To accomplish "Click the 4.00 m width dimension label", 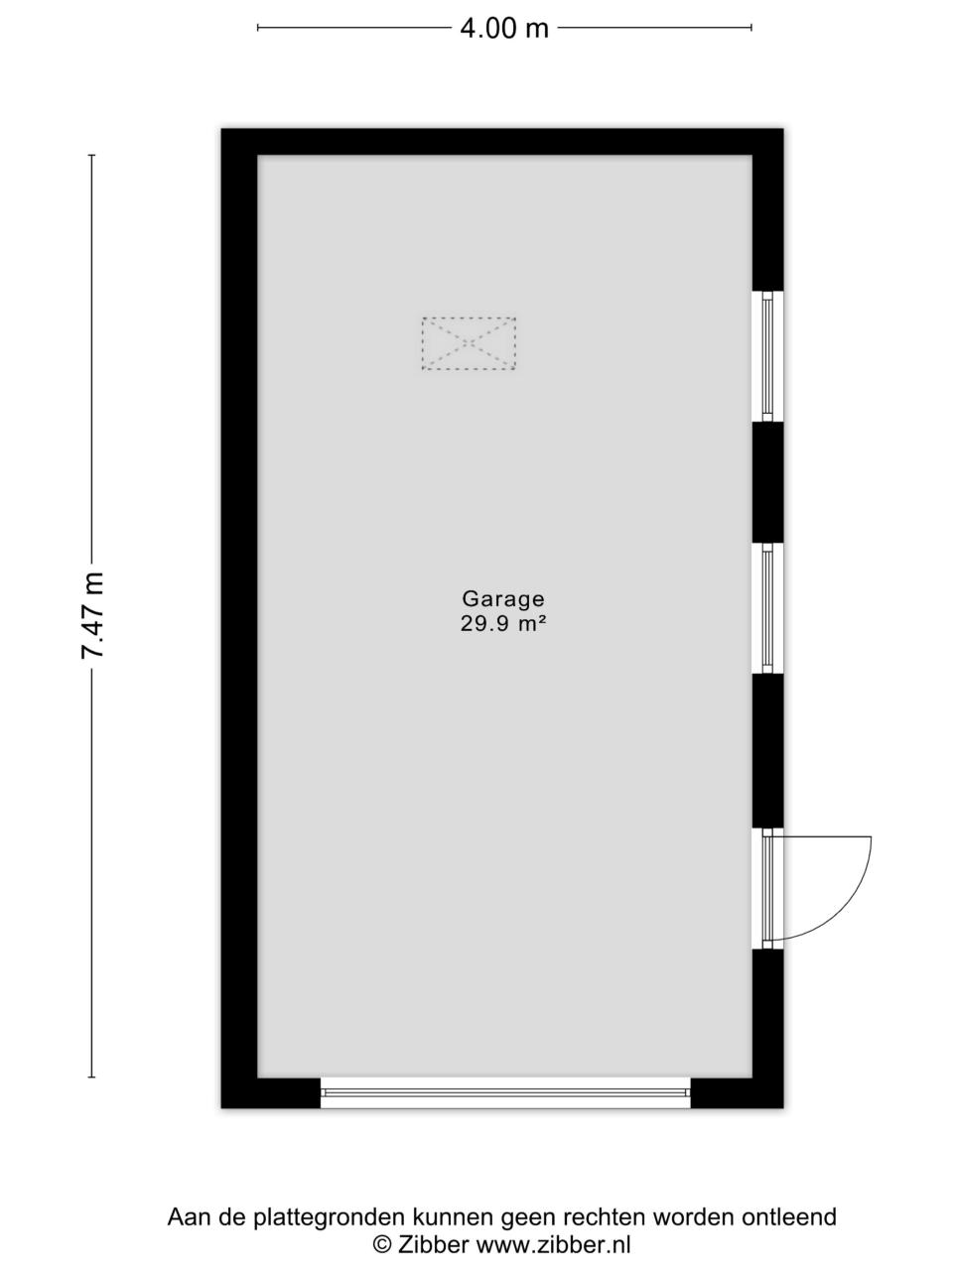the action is [504, 28].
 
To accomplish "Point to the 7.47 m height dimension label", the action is [92, 615].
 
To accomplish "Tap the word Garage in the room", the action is [503, 599].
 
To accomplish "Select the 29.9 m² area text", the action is [503, 624].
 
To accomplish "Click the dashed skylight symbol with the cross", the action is [469, 343].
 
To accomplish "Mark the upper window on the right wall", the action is [767, 356].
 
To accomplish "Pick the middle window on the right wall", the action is [767, 608].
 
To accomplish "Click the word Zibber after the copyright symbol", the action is [433, 1243].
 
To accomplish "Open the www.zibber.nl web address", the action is [553, 1243].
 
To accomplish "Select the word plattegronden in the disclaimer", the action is [331, 1218].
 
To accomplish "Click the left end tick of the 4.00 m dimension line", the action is [258, 27].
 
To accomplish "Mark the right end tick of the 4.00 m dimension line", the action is [751, 27].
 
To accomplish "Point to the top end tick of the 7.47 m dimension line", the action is [91, 155].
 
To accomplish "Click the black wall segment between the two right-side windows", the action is [767, 482].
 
